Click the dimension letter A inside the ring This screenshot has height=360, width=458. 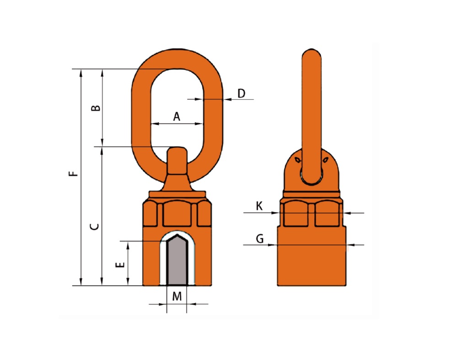177,116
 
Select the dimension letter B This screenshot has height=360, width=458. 96,108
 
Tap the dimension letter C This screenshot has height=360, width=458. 94,226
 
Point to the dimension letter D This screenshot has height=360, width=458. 241,93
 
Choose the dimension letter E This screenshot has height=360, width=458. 120,265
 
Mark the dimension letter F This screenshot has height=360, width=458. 74,174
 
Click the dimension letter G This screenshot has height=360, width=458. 260,239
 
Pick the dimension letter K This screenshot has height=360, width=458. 259,206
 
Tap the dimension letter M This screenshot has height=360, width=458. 177,296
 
